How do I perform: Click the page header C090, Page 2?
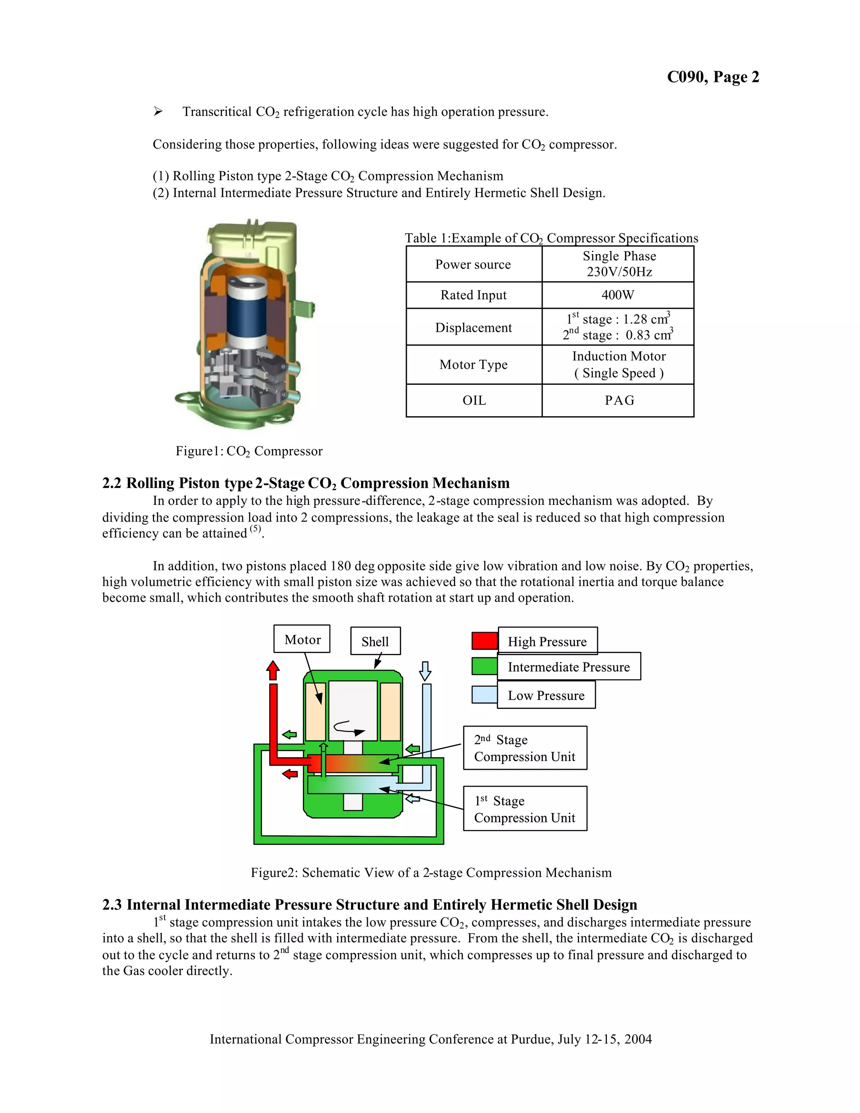coord(713,77)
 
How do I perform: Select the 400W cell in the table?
coord(617,295)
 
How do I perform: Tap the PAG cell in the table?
coord(619,401)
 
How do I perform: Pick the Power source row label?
coord(473,265)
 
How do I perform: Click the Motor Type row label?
coord(473,365)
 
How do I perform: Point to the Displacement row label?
coord(473,328)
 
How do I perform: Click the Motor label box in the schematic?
coord(302,640)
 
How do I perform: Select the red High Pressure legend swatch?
coord(485,640)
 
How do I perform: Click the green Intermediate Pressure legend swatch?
coord(485,667)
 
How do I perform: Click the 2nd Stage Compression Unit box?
coord(525,748)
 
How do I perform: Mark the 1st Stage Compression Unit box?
coord(525,809)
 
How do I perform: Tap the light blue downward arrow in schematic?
coord(425,671)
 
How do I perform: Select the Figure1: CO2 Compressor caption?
coord(249,451)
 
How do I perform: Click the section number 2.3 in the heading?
coord(112,905)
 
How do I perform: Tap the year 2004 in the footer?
coord(638,1039)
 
